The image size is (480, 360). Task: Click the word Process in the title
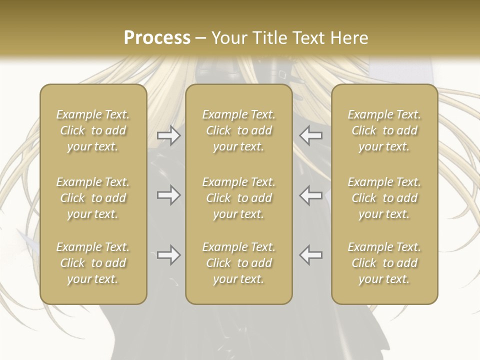157,38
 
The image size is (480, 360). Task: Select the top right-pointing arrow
168,135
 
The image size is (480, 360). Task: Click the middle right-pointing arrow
168,195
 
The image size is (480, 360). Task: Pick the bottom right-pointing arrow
168,255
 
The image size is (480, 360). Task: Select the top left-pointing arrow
311,135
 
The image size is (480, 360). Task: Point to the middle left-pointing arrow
311,195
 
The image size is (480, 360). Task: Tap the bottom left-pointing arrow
311,255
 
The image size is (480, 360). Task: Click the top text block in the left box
93,130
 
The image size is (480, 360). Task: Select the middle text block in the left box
93,198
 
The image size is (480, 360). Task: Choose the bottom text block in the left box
93,263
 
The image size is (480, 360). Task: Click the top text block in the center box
238,130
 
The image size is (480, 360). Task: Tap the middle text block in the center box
238,198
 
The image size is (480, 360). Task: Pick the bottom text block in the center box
238,263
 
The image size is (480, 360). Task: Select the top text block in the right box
384,130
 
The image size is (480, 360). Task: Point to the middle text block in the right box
384,198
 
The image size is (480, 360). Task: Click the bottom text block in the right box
384,263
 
